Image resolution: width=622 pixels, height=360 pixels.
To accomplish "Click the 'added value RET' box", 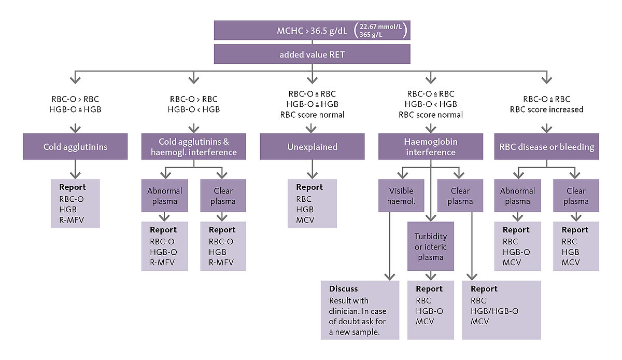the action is click(x=312, y=54).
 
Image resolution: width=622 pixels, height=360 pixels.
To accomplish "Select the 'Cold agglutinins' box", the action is click(x=75, y=146).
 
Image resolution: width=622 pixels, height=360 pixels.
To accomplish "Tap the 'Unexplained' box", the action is click(x=312, y=146).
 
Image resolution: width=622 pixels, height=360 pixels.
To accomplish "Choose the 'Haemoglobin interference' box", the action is click(x=430, y=146).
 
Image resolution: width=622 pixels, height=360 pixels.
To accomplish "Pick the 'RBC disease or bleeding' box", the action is click(x=546, y=146).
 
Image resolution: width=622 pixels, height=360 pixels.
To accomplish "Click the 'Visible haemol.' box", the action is click(x=401, y=196).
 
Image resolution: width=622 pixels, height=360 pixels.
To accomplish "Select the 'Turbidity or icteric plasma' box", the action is click(x=430, y=246).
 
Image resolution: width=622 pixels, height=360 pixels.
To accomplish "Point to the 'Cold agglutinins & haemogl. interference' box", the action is click(x=193, y=146).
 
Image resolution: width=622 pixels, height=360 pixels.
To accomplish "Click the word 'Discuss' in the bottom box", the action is click(x=343, y=289).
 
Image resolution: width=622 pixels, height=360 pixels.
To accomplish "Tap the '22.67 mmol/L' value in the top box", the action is click(x=380, y=26).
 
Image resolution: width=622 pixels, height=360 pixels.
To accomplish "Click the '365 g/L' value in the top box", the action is click(x=371, y=35).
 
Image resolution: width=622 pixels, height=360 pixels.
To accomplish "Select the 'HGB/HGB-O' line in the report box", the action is click(x=494, y=311).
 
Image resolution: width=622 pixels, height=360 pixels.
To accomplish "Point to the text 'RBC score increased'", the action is click(x=546, y=109).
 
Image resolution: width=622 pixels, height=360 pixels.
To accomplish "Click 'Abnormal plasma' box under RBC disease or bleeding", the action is click(x=517, y=196).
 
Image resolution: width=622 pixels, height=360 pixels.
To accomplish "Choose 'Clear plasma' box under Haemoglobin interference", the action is click(x=460, y=196).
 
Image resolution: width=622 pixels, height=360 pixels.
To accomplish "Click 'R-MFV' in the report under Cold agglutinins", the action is click(x=72, y=220).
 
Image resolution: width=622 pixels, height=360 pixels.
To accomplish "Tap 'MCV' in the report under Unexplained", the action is click(x=305, y=220).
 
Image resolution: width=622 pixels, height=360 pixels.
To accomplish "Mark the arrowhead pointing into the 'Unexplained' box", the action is click(x=311, y=129).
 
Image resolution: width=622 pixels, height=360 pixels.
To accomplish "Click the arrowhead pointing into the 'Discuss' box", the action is click(x=390, y=276).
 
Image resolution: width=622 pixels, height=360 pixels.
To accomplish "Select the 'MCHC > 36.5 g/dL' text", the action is click(x=312, y=31).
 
